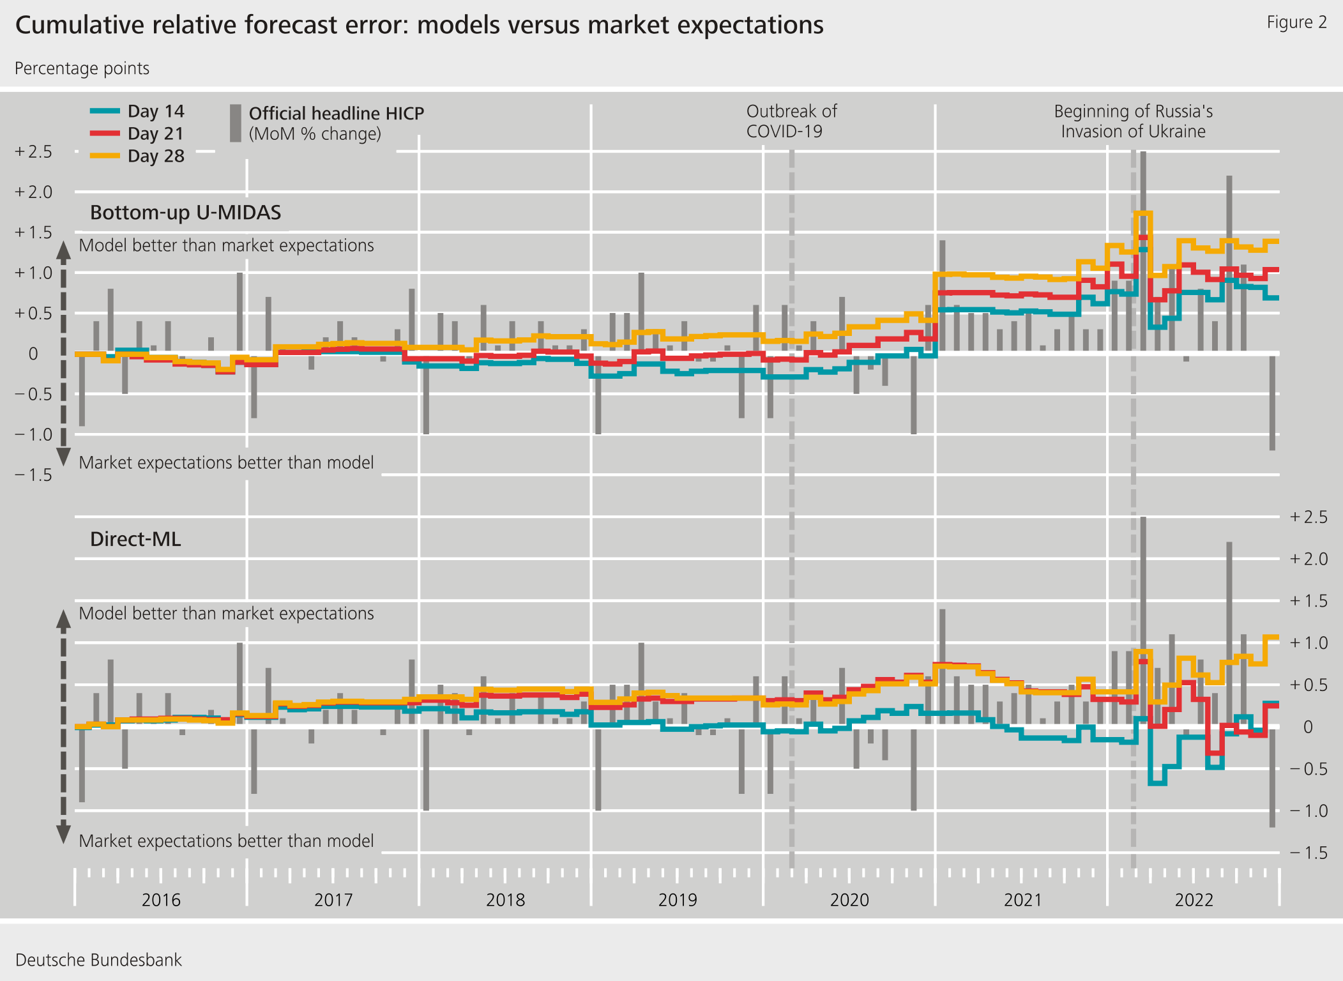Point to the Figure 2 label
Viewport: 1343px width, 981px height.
click(1296, 22)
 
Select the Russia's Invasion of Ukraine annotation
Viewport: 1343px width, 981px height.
click(1133, 121)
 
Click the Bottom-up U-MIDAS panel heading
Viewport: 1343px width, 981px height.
click(185, 212)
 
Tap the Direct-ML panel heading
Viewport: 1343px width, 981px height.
click(135, 539)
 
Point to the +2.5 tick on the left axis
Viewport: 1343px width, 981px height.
click(34, 152)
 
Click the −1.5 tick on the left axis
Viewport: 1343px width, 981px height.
click(34, 475)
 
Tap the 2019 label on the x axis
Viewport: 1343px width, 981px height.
click(677, 900)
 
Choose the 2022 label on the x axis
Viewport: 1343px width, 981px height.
click(1194, 900)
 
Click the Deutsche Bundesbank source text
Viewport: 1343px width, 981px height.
click(98, 960)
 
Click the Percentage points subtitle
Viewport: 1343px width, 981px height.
click(82, 68)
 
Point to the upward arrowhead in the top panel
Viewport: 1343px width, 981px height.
click(63, 250)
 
